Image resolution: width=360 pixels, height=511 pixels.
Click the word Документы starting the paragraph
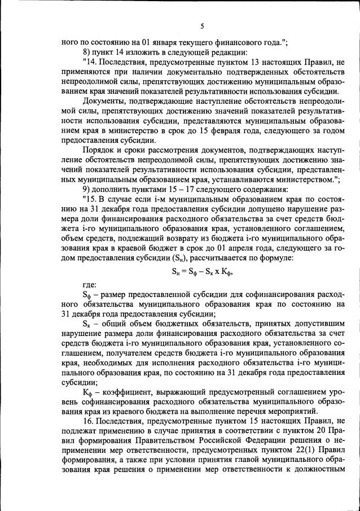point(104,100)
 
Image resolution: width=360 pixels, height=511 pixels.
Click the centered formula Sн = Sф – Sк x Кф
point(201,270)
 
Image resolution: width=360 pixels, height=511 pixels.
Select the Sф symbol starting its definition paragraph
point(87,295)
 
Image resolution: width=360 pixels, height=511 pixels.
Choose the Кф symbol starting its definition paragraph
point(87,391)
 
